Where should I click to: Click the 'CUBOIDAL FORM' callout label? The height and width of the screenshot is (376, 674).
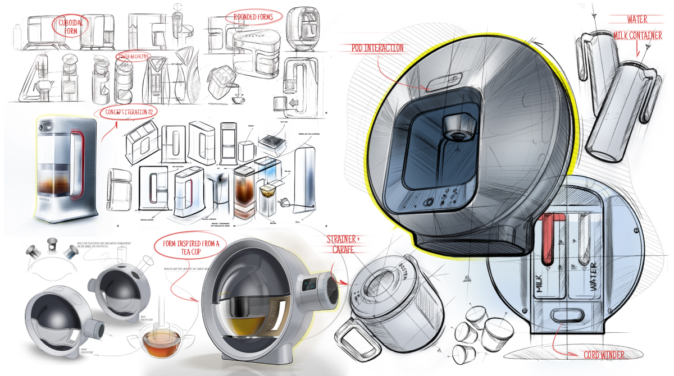pos(70,27)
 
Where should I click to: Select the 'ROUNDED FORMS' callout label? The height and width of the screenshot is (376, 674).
pos(253,17)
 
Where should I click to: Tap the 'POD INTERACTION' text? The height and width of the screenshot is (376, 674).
pos(377,48)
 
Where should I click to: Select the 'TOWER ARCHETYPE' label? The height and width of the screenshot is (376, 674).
pos(134,57)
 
